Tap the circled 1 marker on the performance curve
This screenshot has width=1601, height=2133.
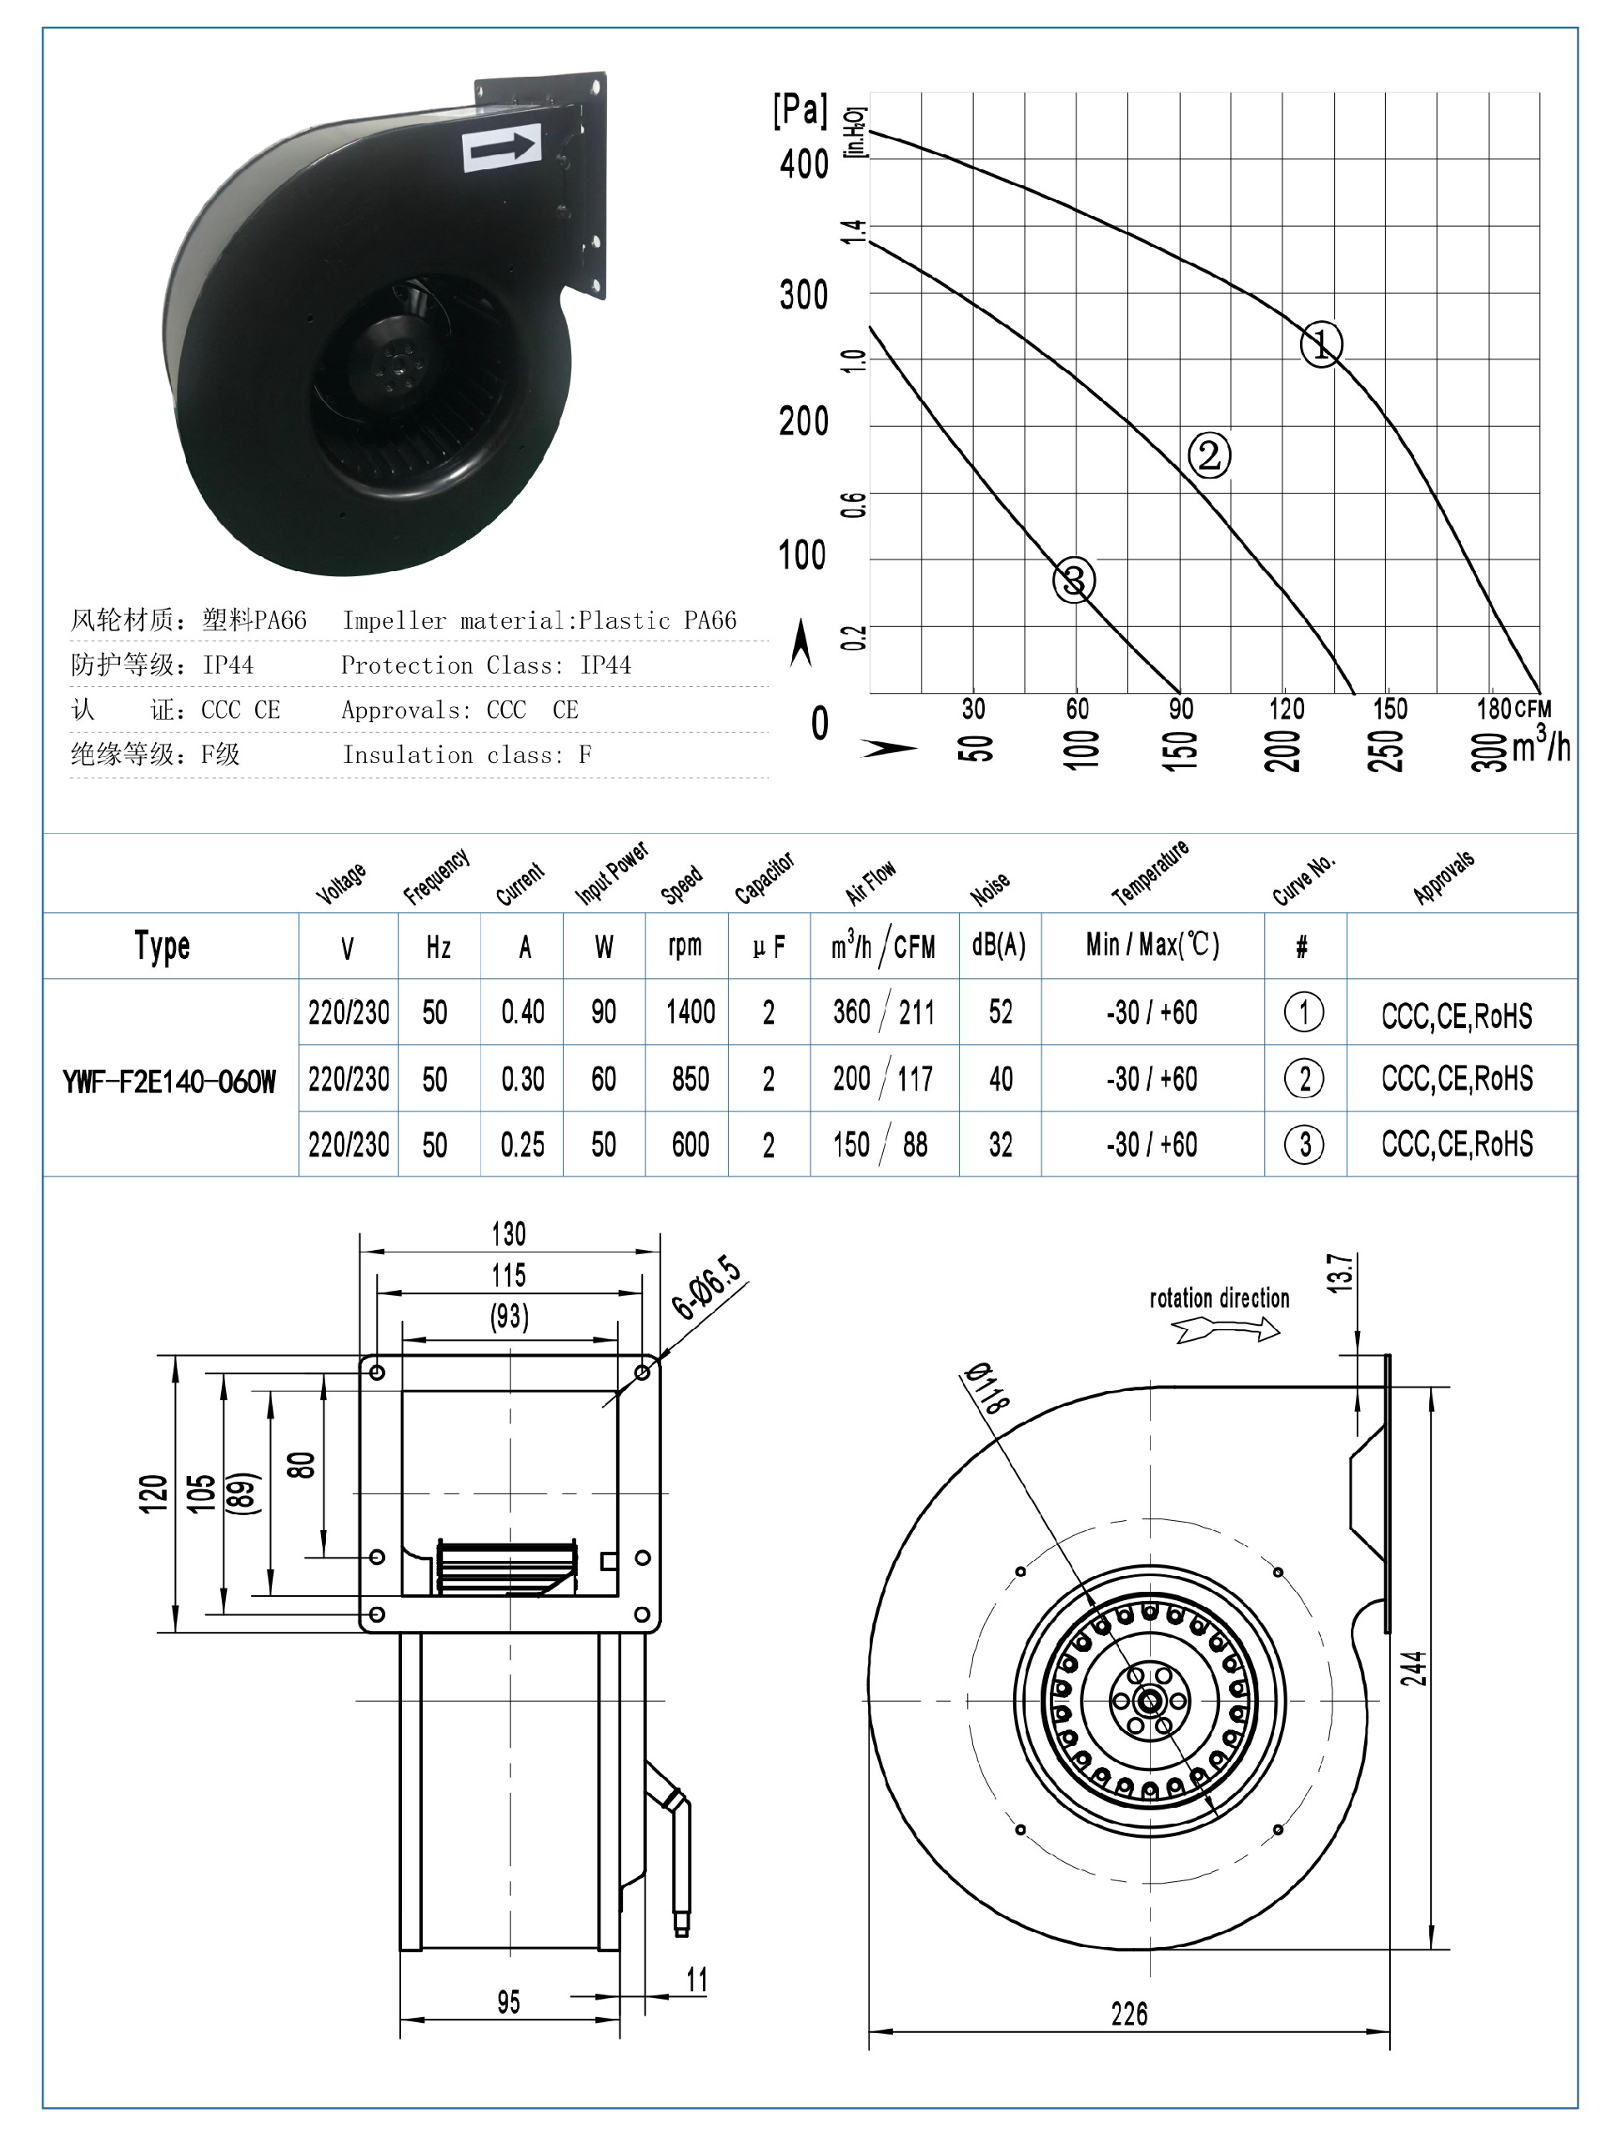pos(1320,344)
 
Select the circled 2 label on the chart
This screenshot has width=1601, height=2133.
pos(1208,454)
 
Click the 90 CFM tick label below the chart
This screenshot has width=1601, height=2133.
pos(1181,709)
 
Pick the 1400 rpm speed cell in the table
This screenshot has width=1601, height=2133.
pos(690,1011)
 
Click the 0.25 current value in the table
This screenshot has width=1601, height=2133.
pos(522,1145)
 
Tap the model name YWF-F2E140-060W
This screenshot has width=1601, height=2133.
pos(168,1081)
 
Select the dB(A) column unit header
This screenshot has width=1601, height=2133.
pos(998,945)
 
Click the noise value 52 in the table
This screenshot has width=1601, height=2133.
pos(1000,1011)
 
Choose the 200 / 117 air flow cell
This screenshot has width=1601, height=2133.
pos(882,1078)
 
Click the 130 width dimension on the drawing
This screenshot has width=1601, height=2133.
pos(509,1233)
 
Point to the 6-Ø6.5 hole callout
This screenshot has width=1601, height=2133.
pos(706,1288)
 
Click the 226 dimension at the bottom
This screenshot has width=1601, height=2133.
pos(1128,2014)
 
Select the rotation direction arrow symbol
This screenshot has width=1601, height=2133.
pos(1226,1331)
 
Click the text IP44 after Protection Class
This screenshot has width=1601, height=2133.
pos(605,665)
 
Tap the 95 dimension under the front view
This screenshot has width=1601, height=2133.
pos(509,2002)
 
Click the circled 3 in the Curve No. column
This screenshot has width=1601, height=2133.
pos(1304,1145)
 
